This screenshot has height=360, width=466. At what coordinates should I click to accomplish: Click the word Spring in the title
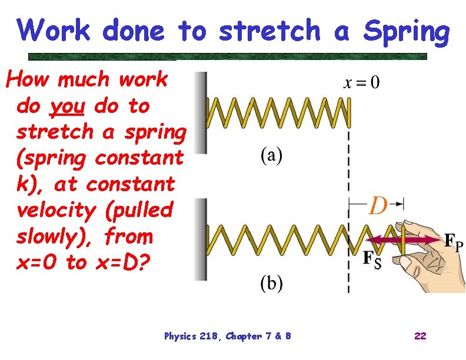pyautogui.click(x=406, y=32)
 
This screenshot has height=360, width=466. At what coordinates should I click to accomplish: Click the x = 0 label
pyautogui.click(x=361, y=82)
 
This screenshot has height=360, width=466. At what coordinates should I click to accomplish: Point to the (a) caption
pyautogui.click(x=271, y=156)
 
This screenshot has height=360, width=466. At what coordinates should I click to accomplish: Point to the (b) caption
pyautogui.click(x=271, y=284)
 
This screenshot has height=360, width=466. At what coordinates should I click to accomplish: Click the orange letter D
pyautogui.click(x=378, y=206)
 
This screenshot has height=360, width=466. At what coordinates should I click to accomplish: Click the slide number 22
pyautogui.click(x=420, y=336)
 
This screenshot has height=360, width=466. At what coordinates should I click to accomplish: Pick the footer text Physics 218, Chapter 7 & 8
pyautogui.click(x=227, y=336)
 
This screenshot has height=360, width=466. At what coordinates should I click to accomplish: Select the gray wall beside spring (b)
pyautogui.click(x=201, y=238)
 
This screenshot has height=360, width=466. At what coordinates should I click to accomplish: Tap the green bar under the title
pyautogui.click(x=227, y=57)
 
